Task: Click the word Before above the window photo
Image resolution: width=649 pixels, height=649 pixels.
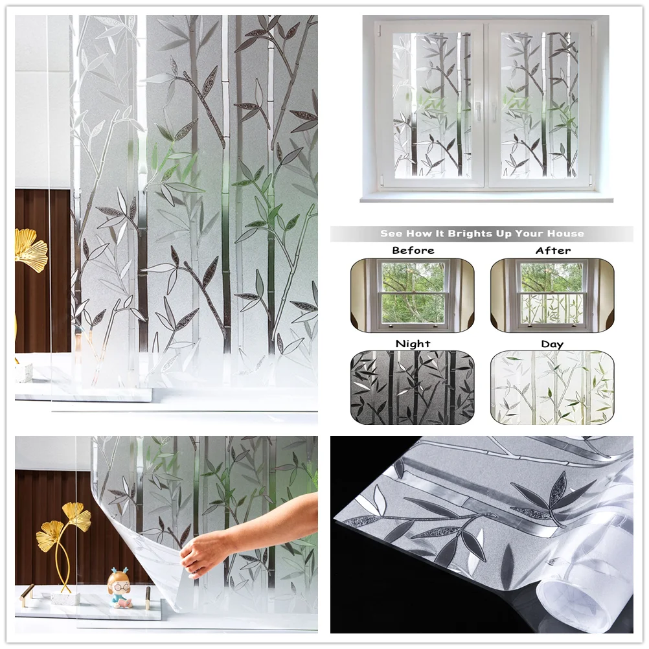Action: (x=413, y=251)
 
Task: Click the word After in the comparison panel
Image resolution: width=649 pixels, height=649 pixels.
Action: (x=552, y=251)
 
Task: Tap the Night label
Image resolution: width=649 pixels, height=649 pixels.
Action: (x=413, y=344)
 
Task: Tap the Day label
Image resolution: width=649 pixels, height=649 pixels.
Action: (x=552, y=344)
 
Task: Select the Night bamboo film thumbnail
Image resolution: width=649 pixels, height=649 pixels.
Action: (x=413, y=387)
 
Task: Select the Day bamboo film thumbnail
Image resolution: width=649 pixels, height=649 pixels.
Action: (x=552, y=387)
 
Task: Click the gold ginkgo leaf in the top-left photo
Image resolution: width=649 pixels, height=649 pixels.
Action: (x=30, y=249)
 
